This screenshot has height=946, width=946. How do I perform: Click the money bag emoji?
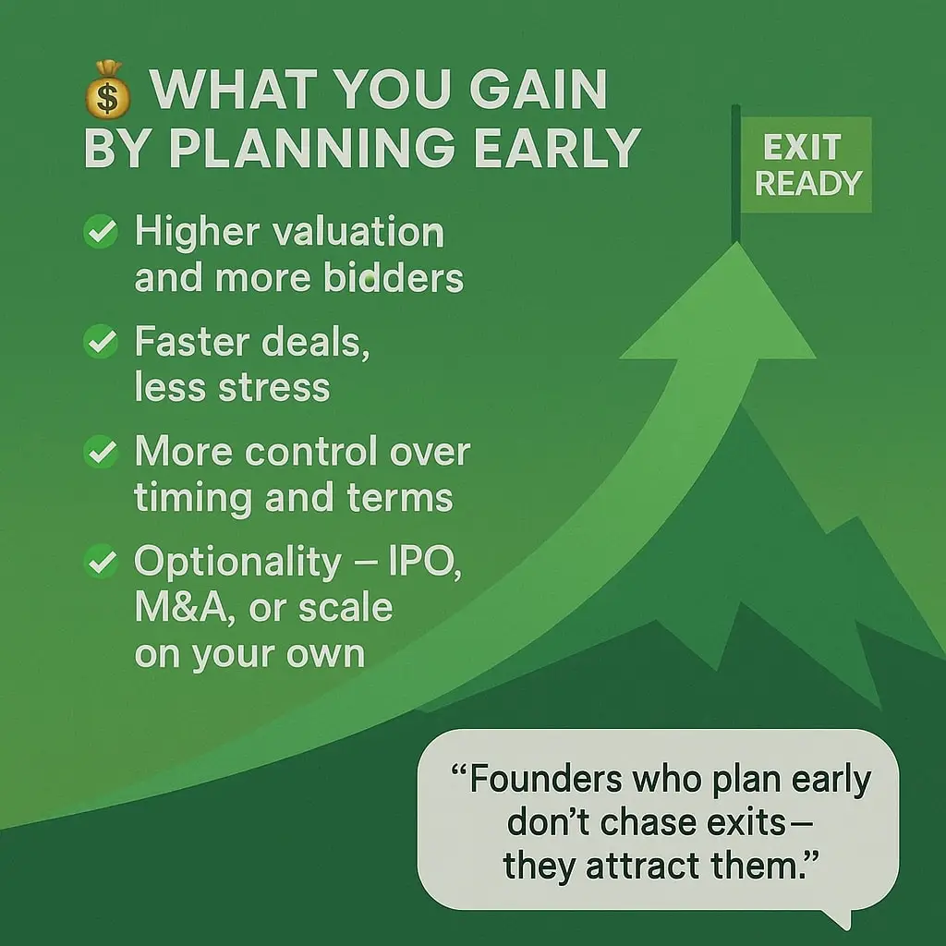pyautogui.click(x=107, y=90)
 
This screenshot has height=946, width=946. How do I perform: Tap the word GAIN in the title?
pyautogui.click(x=538, y=90)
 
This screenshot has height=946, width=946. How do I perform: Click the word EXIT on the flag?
pyautogui.click(x=802, y=147)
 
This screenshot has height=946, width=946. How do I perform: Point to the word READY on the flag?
pyautogui.click(x=808, y=184)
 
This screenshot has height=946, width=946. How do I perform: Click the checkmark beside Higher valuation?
pyautogui.click(x=101, y=232)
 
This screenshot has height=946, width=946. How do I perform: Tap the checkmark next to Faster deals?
pyautogui.click(x=101, y=342)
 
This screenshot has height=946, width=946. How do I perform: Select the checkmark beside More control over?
pyautogui.click(x=101, y=451)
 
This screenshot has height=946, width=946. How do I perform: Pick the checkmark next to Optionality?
pyautogui.click(x=101, y=561)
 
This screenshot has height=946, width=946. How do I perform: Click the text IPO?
pyautogui.click(x=425, y=563)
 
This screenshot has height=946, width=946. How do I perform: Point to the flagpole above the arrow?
pyautogui.click(x=735, y=174)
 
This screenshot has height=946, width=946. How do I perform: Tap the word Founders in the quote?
pyautogui.click(x=546, y=779)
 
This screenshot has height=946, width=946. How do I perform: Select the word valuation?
pyautogui.click(x=358, y=232)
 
